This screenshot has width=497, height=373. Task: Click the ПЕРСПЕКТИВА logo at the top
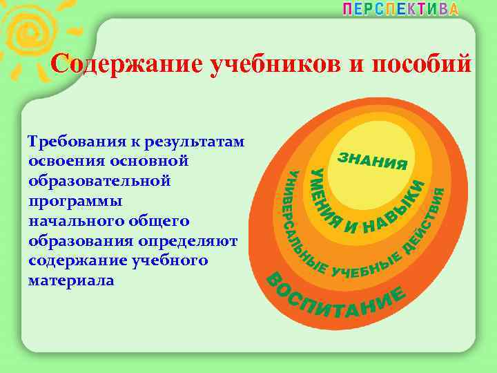coord(400,9)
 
